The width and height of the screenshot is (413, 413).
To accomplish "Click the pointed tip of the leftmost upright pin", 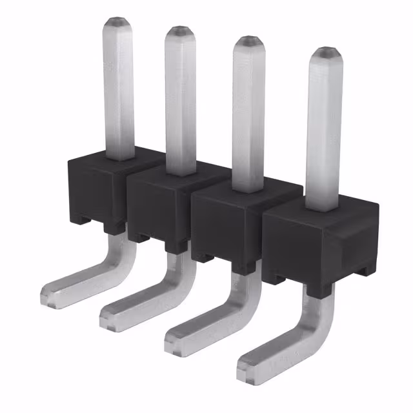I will tap(119, 23).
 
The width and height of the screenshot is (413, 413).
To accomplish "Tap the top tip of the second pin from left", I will tap(180, 32).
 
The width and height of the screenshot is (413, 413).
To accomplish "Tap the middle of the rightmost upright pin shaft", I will tap(324, 129).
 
